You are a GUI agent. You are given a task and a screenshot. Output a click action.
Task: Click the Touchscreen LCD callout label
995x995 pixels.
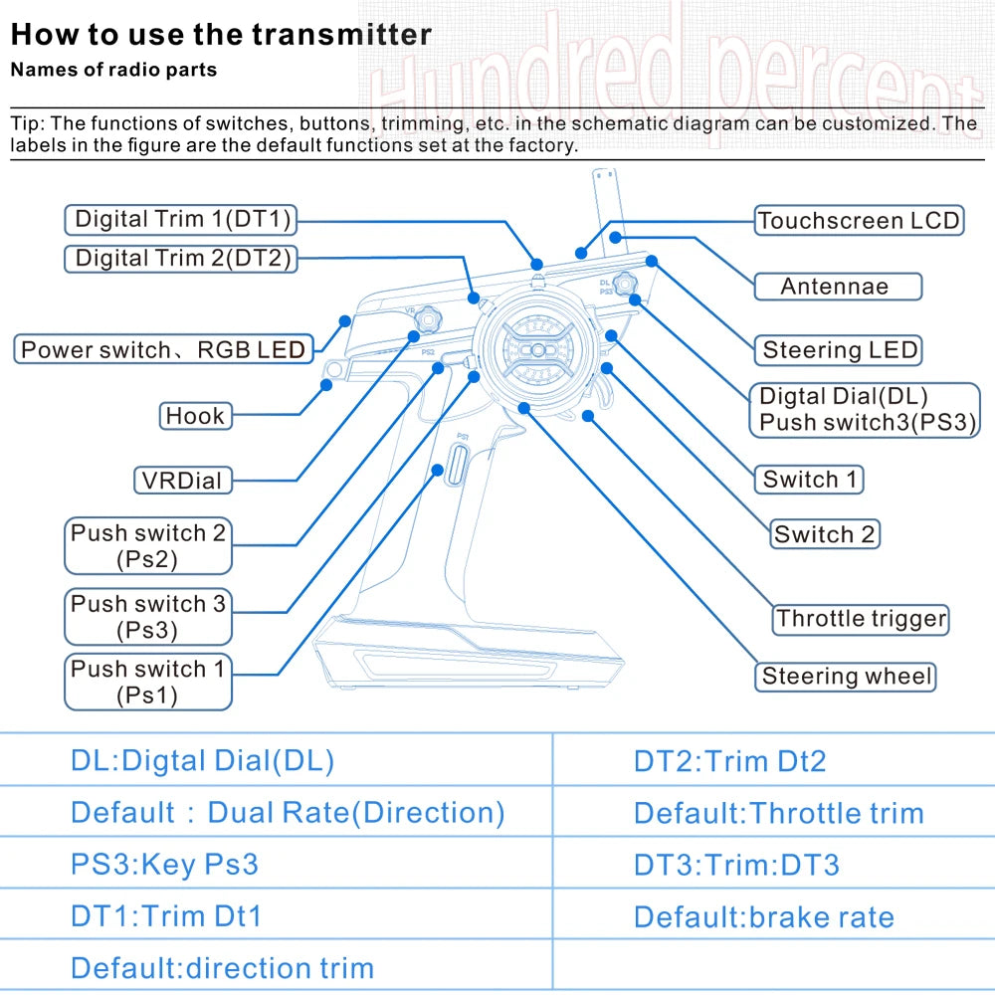[x=859, y=221]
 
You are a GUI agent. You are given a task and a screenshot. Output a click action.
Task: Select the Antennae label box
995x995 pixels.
[x=836, y=287]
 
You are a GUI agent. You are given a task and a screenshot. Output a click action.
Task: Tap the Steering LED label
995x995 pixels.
[x=840, y=350]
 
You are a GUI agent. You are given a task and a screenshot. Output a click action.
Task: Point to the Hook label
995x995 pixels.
[x=195, y=416]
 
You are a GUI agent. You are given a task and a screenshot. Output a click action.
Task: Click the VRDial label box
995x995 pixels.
[x=182, y=481]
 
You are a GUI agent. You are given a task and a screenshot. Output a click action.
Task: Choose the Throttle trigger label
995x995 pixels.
[x=861, y=619]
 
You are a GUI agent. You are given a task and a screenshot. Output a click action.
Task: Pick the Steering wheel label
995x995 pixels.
[x=847, y=678]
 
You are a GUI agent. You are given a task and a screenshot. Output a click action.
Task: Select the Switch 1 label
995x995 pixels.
[x=809, y=480]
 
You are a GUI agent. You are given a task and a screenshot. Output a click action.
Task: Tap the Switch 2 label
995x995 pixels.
[x=825, y=534]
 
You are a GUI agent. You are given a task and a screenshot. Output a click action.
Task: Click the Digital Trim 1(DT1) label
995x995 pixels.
[x=183, y=219]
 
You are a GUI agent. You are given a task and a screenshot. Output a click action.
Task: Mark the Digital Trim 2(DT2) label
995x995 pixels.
[x=183, y=260]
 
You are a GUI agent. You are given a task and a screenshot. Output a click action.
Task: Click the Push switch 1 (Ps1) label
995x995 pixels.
[x=148, y=682]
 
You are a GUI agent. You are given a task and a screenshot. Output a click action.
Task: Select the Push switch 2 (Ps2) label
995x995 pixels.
[x=148, y=545]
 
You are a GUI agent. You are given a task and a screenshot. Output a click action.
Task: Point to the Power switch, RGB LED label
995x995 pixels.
[x=163, y=350]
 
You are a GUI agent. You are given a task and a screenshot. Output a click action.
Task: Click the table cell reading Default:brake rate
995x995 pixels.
[x=763, y=917]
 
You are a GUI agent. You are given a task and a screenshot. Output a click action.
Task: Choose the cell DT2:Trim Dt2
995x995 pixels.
[x=729, y=762]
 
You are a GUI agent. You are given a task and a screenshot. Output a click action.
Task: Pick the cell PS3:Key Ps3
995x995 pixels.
[x=164, y=865]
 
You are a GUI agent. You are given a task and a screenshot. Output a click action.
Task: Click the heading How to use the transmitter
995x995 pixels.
[x=221, y=36]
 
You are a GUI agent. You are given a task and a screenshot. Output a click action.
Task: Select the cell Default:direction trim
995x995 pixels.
[x=222, y=968]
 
